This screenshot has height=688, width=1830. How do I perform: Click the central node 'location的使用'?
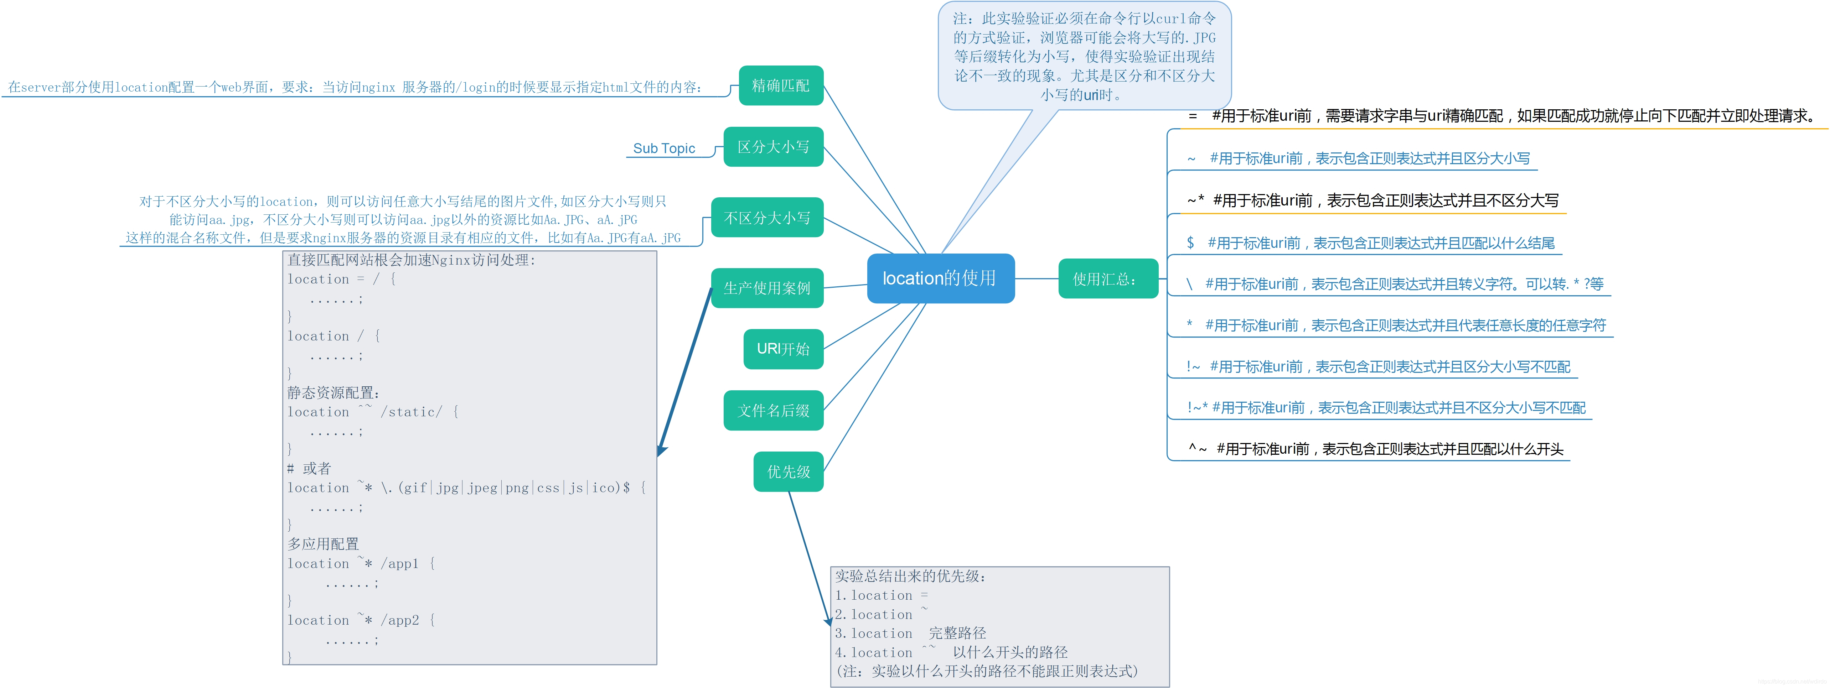(x=940, y=278)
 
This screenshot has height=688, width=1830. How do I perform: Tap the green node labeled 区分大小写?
(x=773, y=147)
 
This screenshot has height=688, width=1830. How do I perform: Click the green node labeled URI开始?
(x=783, y=349)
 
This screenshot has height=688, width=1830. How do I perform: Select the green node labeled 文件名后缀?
(x=773, y=410)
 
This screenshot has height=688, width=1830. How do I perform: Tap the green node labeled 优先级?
(x=788, y=471)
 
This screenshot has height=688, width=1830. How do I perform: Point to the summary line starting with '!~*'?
(x=1385, y=407)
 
